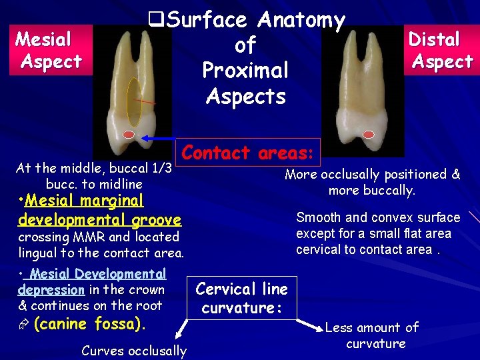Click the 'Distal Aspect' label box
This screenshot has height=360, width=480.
[x=440, y=49]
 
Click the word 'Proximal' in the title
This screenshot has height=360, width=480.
[x=245, y=70]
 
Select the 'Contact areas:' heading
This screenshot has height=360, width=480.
[x=248, y=153]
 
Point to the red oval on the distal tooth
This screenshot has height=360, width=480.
[x=368, y=135]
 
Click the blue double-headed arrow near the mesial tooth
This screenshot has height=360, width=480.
[x=156, y=138]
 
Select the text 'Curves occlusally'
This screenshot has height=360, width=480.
[x=133, y=351]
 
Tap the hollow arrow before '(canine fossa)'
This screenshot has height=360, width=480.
[x=23, y=325]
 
